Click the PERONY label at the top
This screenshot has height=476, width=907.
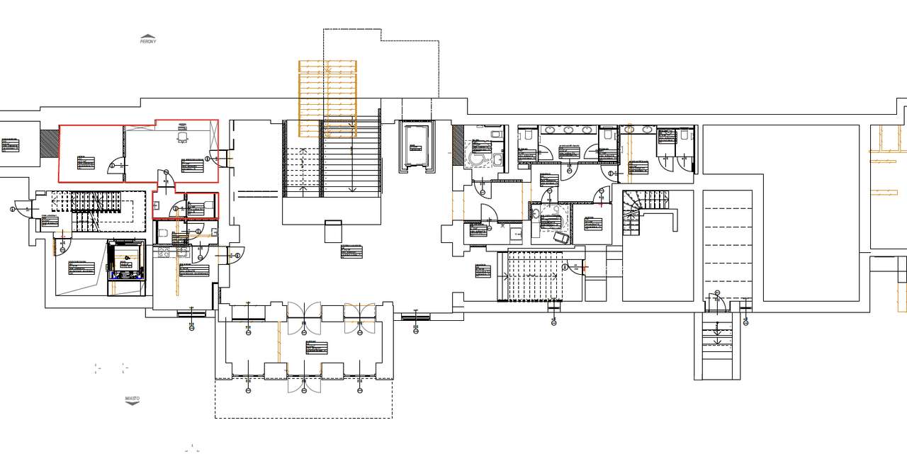tap(147, 42)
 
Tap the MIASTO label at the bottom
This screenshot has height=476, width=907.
tap(133, 399)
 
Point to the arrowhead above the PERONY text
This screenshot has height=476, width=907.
tap(147, 35)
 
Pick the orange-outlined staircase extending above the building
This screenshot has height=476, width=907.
tap(327, 97)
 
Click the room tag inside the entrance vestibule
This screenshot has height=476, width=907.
tap(317, 348)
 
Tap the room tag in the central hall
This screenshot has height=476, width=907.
tap(351, 251)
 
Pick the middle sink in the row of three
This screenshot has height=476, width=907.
tap(569, 130)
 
